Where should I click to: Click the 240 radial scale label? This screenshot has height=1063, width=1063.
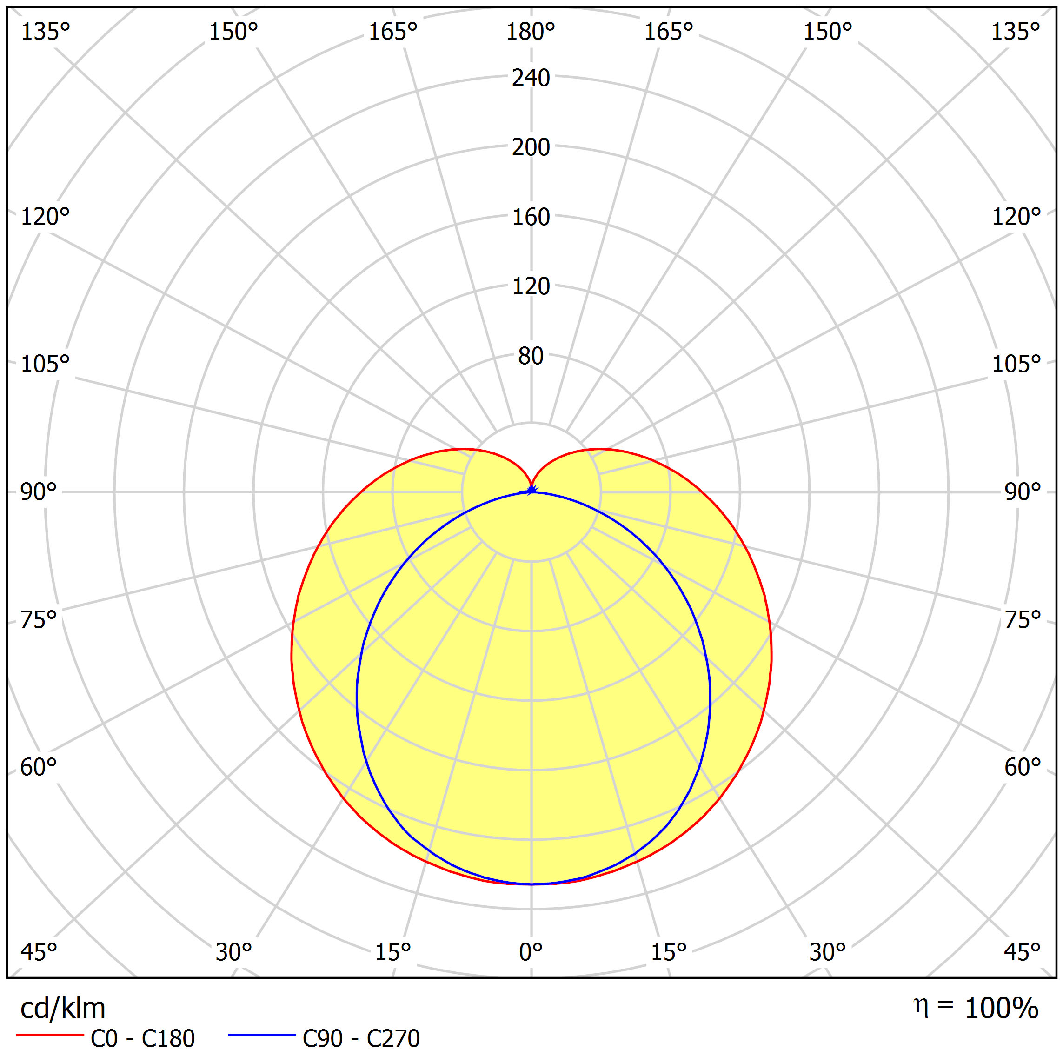531,78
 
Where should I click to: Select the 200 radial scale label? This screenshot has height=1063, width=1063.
531,147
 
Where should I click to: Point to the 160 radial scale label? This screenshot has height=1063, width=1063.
531,217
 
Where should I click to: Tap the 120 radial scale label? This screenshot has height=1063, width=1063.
531,286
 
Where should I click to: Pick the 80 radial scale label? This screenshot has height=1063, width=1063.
531,357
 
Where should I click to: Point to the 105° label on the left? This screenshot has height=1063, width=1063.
45,364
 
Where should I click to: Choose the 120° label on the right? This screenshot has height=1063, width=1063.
1016,217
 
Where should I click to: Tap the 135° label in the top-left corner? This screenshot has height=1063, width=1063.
45,32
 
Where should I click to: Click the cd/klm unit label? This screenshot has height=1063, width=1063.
63,1009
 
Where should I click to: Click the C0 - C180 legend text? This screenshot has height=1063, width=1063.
142,1039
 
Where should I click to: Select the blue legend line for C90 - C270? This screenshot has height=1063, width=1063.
262,1036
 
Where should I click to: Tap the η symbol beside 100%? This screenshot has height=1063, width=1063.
921,1006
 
